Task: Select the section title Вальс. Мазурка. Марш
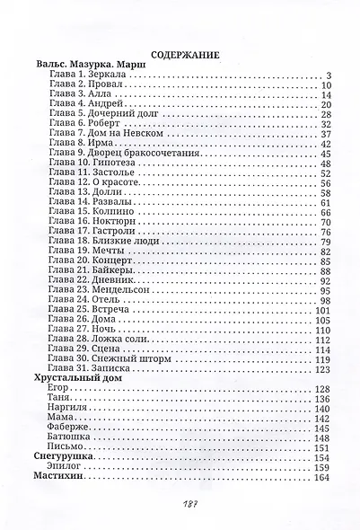click(88, 66)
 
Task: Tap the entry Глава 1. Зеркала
click(87, 77)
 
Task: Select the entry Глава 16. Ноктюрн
click(86, 221)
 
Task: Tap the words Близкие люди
click(112, 243)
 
